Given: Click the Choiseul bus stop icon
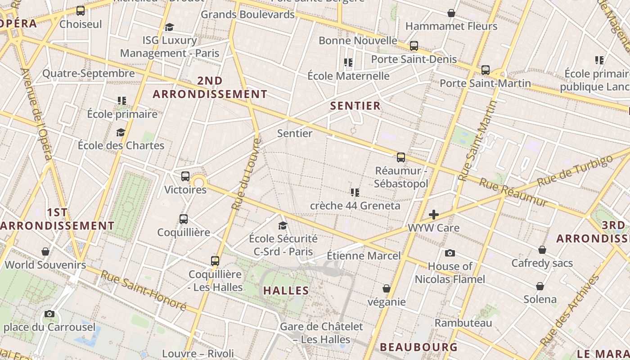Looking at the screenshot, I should [81, 11].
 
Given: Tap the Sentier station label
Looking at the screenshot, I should [295, 133].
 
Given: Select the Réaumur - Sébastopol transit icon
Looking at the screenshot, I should [401, 157].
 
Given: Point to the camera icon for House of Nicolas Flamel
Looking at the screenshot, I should [450, 253].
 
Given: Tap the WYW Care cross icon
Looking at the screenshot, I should [434, 215].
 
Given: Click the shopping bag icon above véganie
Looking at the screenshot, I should [387, 288].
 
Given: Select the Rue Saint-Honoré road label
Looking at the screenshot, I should [143, 290].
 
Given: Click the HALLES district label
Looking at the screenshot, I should [286, 291].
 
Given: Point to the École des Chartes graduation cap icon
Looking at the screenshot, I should [121, 132].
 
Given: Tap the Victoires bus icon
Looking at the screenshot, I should [185, 176].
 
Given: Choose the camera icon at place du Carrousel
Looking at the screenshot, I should [49, 314].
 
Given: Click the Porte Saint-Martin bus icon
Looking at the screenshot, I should [486, 70].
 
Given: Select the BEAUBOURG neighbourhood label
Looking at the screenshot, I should [418, 347].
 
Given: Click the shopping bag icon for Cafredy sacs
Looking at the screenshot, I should [542, 250].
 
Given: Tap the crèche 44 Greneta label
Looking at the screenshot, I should [355, 206].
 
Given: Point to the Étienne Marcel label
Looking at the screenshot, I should [364, 256].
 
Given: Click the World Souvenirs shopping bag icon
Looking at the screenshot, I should [45, 251].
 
